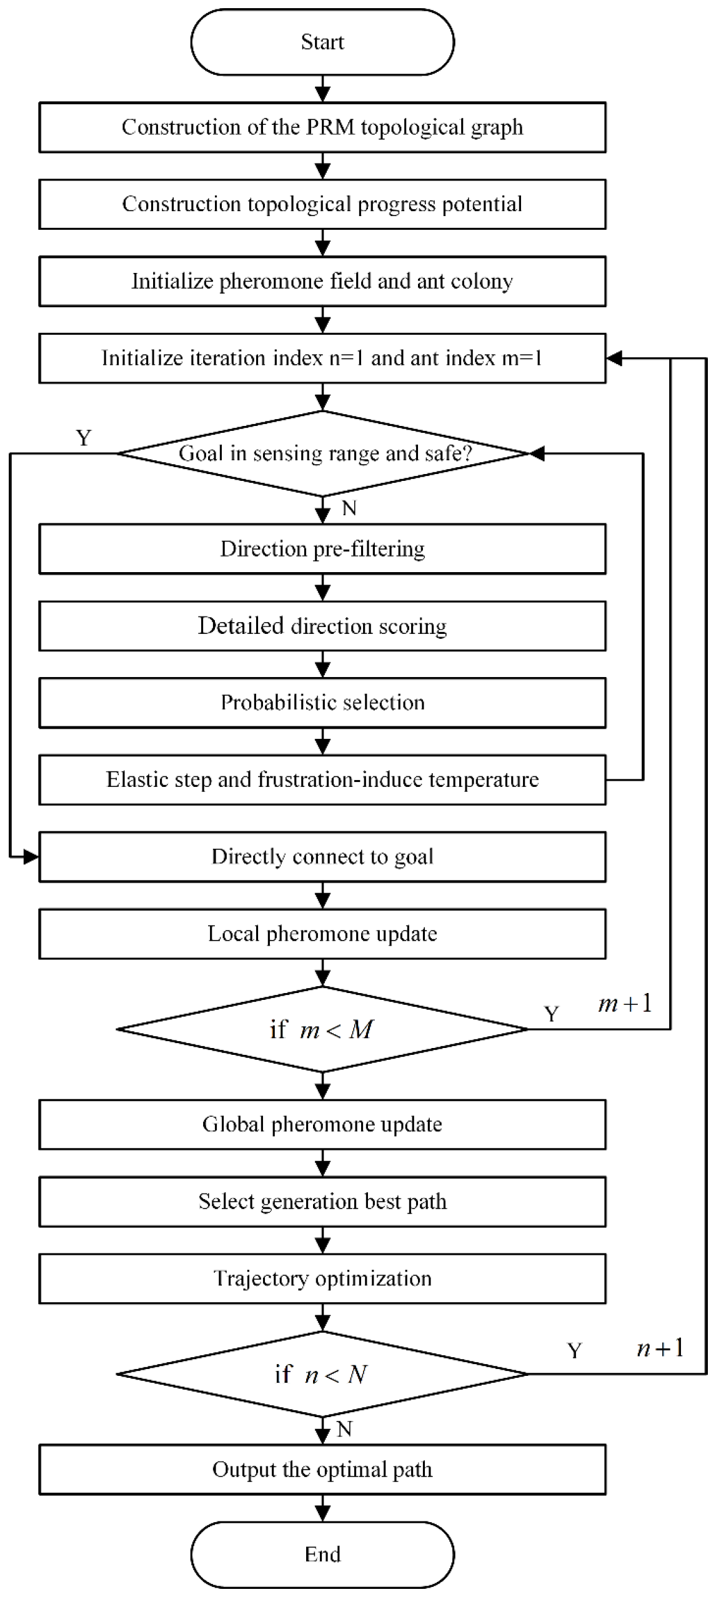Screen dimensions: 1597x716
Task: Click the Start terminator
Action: coord(322,42)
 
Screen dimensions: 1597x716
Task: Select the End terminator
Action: coord(322,1553)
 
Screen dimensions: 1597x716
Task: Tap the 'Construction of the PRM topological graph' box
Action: coord(322,127)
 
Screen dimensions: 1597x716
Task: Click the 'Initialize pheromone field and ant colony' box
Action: coord(322,281)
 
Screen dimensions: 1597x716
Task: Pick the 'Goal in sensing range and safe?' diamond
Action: coord(323,453)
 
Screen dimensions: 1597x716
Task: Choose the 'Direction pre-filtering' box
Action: coord(322,549)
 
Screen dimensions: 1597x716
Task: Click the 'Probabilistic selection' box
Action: coord(322,703)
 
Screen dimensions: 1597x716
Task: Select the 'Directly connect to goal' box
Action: coord(322,856)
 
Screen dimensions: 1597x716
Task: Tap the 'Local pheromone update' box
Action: coord(322,934)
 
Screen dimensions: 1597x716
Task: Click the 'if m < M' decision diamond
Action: coord(322,1029)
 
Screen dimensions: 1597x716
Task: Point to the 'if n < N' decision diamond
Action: coord(322,1374)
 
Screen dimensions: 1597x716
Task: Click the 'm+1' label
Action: coord(625,1004)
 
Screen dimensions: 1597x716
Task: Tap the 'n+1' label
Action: coord(660,1348)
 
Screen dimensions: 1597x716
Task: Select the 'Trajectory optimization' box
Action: coord(322,1278)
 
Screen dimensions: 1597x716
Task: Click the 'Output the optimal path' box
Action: coord(322,1470)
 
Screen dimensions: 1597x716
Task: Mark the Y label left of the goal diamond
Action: coord(84,437)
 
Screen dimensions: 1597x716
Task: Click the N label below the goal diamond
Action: coord(349,508)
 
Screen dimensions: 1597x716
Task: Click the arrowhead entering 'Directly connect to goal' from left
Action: coord(31,857)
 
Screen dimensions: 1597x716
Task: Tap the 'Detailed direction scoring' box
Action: coord(322,626)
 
